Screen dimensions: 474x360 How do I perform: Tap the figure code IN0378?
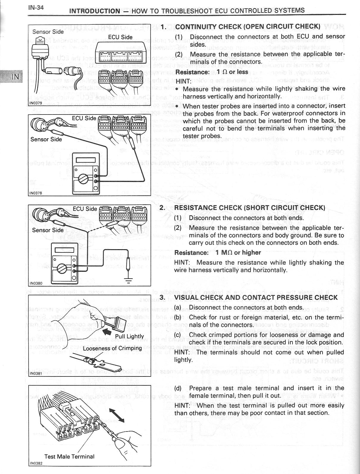coord(35,193)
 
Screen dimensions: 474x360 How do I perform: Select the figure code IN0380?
coord(36,283)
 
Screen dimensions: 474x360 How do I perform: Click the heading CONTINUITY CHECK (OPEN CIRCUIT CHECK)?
coord(248,26)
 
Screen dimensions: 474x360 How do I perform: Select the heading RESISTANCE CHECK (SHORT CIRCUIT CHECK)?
coord(249,208)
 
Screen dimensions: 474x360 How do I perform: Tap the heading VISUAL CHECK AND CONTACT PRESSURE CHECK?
coord(256,298)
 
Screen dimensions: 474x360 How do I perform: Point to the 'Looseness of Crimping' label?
coord(112,348)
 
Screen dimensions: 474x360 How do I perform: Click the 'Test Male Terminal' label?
coord(69,456)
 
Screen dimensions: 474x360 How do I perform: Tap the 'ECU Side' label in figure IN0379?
coord(120,37)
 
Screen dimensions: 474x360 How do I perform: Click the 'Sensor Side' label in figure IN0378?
coord(46,139)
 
